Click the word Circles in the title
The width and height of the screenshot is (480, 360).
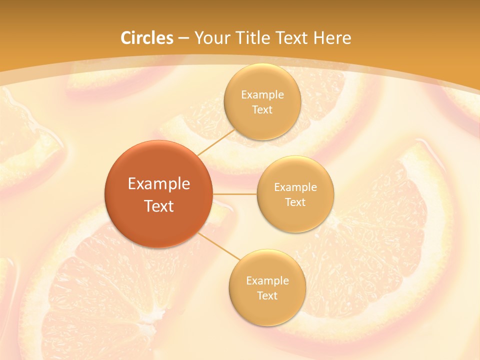pyautogui.click(x=147, y=38)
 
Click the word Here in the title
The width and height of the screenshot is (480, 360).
pyautogui.click(x=332, y=38)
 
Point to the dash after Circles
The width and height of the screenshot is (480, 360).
pyautogui.click(x=183, y=38)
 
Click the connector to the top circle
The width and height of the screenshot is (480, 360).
pyautogui.click(x=216, y=142)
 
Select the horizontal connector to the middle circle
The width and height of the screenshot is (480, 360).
pyautogui.click(x=235, y=194)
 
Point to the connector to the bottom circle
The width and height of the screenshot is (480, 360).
pyautogui.click(x=220, y=246)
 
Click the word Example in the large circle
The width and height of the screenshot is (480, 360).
pyautogui.click(x=159, y=184)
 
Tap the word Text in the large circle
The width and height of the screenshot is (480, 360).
pyautogui.click(x=159, y=206)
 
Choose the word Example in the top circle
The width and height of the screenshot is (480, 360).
pyautogui.click(x=262, y=95)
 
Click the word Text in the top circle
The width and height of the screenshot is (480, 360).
pyautogui.click(x=262, y=110)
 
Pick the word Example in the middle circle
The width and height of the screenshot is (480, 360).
pyautogui.click(x=295, y=187)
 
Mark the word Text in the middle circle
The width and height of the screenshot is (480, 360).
pyautogui.click(x=295, y=202)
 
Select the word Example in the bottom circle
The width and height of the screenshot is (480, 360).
pyautogui.click(x=267, y=280)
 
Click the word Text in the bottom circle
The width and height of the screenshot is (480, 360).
pyautogui.click(x=267, y=295)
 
